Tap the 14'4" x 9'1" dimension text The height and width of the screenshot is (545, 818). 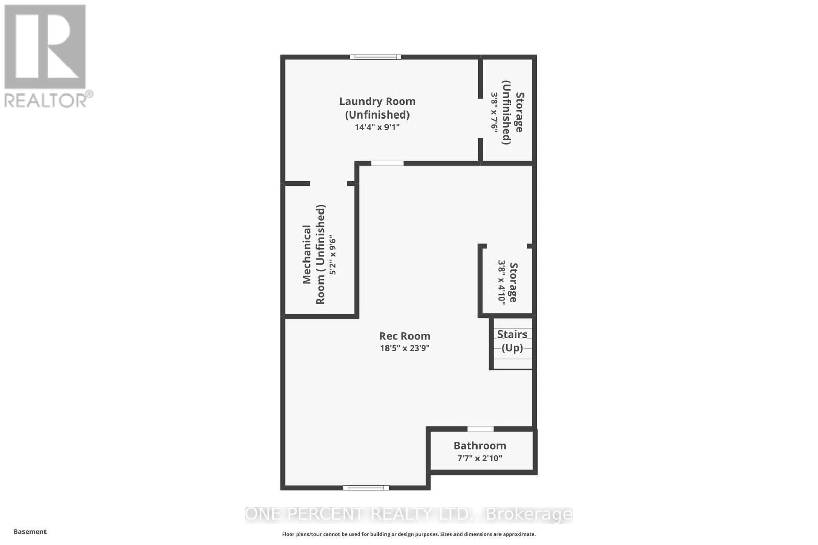[377, 127]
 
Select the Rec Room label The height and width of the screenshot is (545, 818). [405, 336]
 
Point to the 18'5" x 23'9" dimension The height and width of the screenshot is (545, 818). [405, 348]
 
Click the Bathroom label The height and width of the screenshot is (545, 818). [480, 446]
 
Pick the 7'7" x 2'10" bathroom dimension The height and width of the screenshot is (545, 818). [480, 458]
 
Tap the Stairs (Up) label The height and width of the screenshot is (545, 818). [512, 341]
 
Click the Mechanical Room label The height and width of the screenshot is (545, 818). [313, 254]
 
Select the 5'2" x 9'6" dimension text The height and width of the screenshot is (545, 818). [333, 254]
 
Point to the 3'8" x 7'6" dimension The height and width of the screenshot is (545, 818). [494, 112]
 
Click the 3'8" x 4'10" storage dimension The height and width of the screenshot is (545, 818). [502, 282]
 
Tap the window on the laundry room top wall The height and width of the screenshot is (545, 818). [375, 57]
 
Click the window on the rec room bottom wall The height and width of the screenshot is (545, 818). [366, 488]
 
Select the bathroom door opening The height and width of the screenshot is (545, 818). [481, 429]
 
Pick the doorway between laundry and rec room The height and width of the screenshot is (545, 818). [387, 163]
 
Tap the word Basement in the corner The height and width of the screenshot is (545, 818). [30, 532]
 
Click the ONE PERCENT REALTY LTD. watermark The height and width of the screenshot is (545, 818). [409, 514]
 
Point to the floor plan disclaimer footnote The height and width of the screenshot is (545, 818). [409, 534]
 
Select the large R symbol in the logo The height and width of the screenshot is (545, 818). [45, 47]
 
